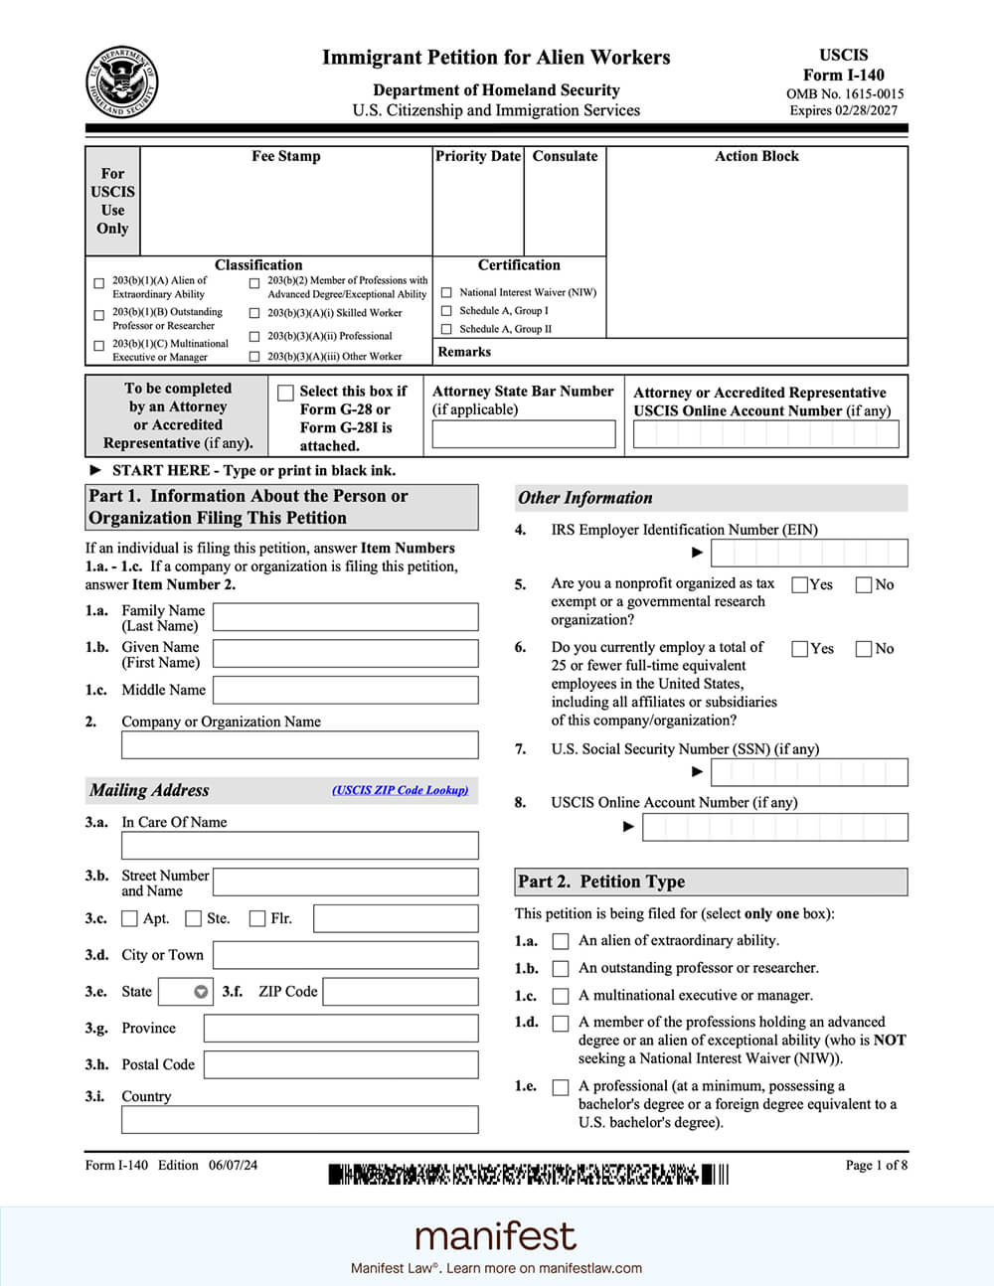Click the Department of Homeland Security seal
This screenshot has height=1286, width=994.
click(x=121, y=81)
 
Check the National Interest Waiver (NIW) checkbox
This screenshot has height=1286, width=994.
click(x=446, y=293)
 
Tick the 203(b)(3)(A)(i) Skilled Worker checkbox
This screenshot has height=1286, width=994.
click(x=254, y=313)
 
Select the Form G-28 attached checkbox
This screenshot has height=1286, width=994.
click(x=285, y=393)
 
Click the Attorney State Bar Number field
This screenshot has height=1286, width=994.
click(x=523, y=434)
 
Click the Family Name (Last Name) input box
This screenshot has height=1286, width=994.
click(x=345, y=617)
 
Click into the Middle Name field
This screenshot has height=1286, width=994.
click(x=345, y=690)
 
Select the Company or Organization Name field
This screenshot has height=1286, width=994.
click(x=299, y=745)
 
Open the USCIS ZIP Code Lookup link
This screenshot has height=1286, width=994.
click(x=400, y=790)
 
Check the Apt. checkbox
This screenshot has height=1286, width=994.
click(x=129, y=918)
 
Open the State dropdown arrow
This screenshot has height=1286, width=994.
click(x=201, y=992)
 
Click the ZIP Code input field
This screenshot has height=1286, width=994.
click(x=400, y=992)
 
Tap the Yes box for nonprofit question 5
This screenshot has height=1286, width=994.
click(x=799, y=584)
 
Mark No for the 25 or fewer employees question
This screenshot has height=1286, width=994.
click(x=863, y=649)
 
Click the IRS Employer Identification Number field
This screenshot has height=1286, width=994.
click(x=808, y=553)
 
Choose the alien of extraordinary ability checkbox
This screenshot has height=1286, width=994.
click(x=561, y=941)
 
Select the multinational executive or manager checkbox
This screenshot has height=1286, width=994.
click(x=561, y=996)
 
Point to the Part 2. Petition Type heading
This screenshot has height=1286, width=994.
click(x=601, y=882)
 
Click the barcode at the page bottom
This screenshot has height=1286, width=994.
click(x=528, y=1175)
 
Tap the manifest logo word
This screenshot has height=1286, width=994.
click(x=495, y=1236)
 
